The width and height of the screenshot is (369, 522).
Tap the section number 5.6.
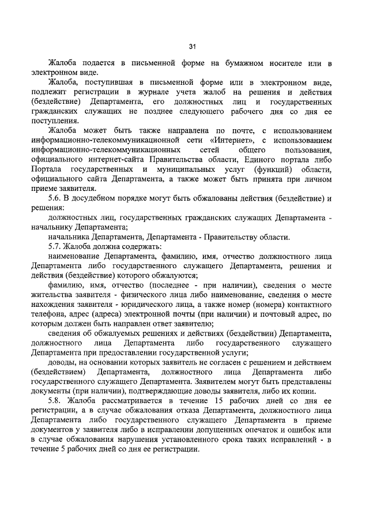click(56, 199)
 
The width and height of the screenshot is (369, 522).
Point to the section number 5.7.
click(56, 247)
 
